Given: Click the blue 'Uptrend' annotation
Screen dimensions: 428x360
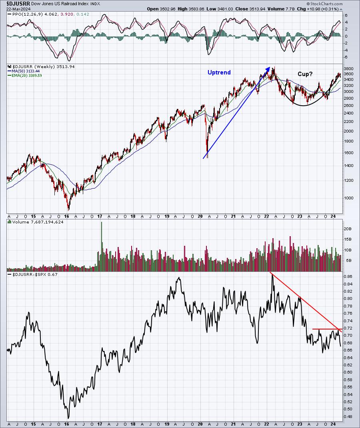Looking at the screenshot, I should (x=219, y=72).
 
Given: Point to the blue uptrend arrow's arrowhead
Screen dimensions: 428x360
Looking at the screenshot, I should (x=269, y=68).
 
